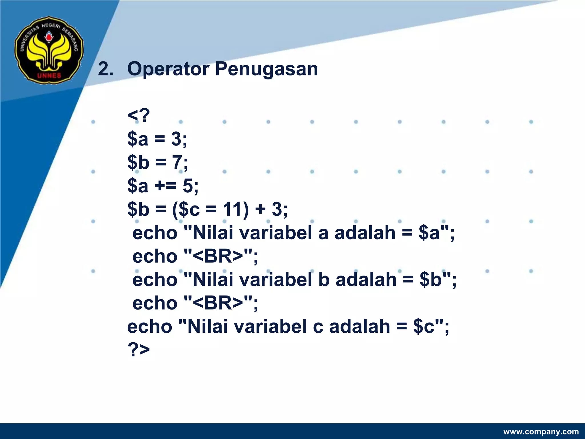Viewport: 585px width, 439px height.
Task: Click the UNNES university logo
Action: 49,50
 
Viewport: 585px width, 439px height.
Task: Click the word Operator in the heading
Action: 168,69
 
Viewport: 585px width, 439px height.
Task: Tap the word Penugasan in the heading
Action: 266,69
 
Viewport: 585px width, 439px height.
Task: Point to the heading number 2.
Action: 105,69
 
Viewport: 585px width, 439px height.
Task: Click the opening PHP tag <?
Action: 139,116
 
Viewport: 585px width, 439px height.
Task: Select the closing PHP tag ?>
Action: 139,349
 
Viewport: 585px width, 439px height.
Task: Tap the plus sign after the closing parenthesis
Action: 260,209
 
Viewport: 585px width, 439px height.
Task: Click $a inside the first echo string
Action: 429,233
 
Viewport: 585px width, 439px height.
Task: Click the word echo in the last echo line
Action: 150,326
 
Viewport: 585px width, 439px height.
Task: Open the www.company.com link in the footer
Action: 541,432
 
